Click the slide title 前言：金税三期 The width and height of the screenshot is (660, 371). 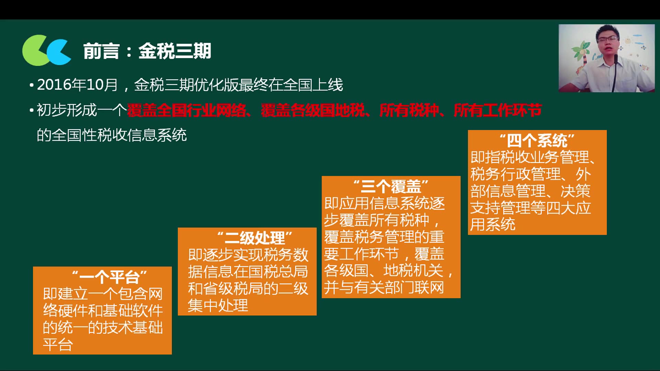pyautogui.click(x=147, y=51)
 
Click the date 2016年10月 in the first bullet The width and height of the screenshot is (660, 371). pyautogui.click(x=77, y=85)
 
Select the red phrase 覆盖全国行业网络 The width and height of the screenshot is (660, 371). pyautogui.click(x=186, y=111)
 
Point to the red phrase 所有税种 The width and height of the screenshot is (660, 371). pyautogui.click(x=409, y=111)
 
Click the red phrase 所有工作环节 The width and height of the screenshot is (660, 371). pyautogui.click(x=497, y=111)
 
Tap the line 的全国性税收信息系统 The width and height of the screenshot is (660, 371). pyautogui.click(x=112, y=135)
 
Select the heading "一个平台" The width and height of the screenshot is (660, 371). pyautogui.click(x=109, y=277)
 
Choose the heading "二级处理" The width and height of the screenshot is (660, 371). pyautogui.click(x=255, y=238)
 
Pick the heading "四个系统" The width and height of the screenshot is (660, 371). pyautogui.click(x=537, y=140)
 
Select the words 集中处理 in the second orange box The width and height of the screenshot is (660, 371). pyautogui.click(x=218, y=305)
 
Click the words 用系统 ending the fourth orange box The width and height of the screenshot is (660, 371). pyautogui.click(x=493, y=225)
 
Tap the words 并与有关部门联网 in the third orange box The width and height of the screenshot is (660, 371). pyautogui.click(x=384, y=288)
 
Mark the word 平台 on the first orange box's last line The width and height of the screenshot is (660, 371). pyautogui.click(x=58, y=345)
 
